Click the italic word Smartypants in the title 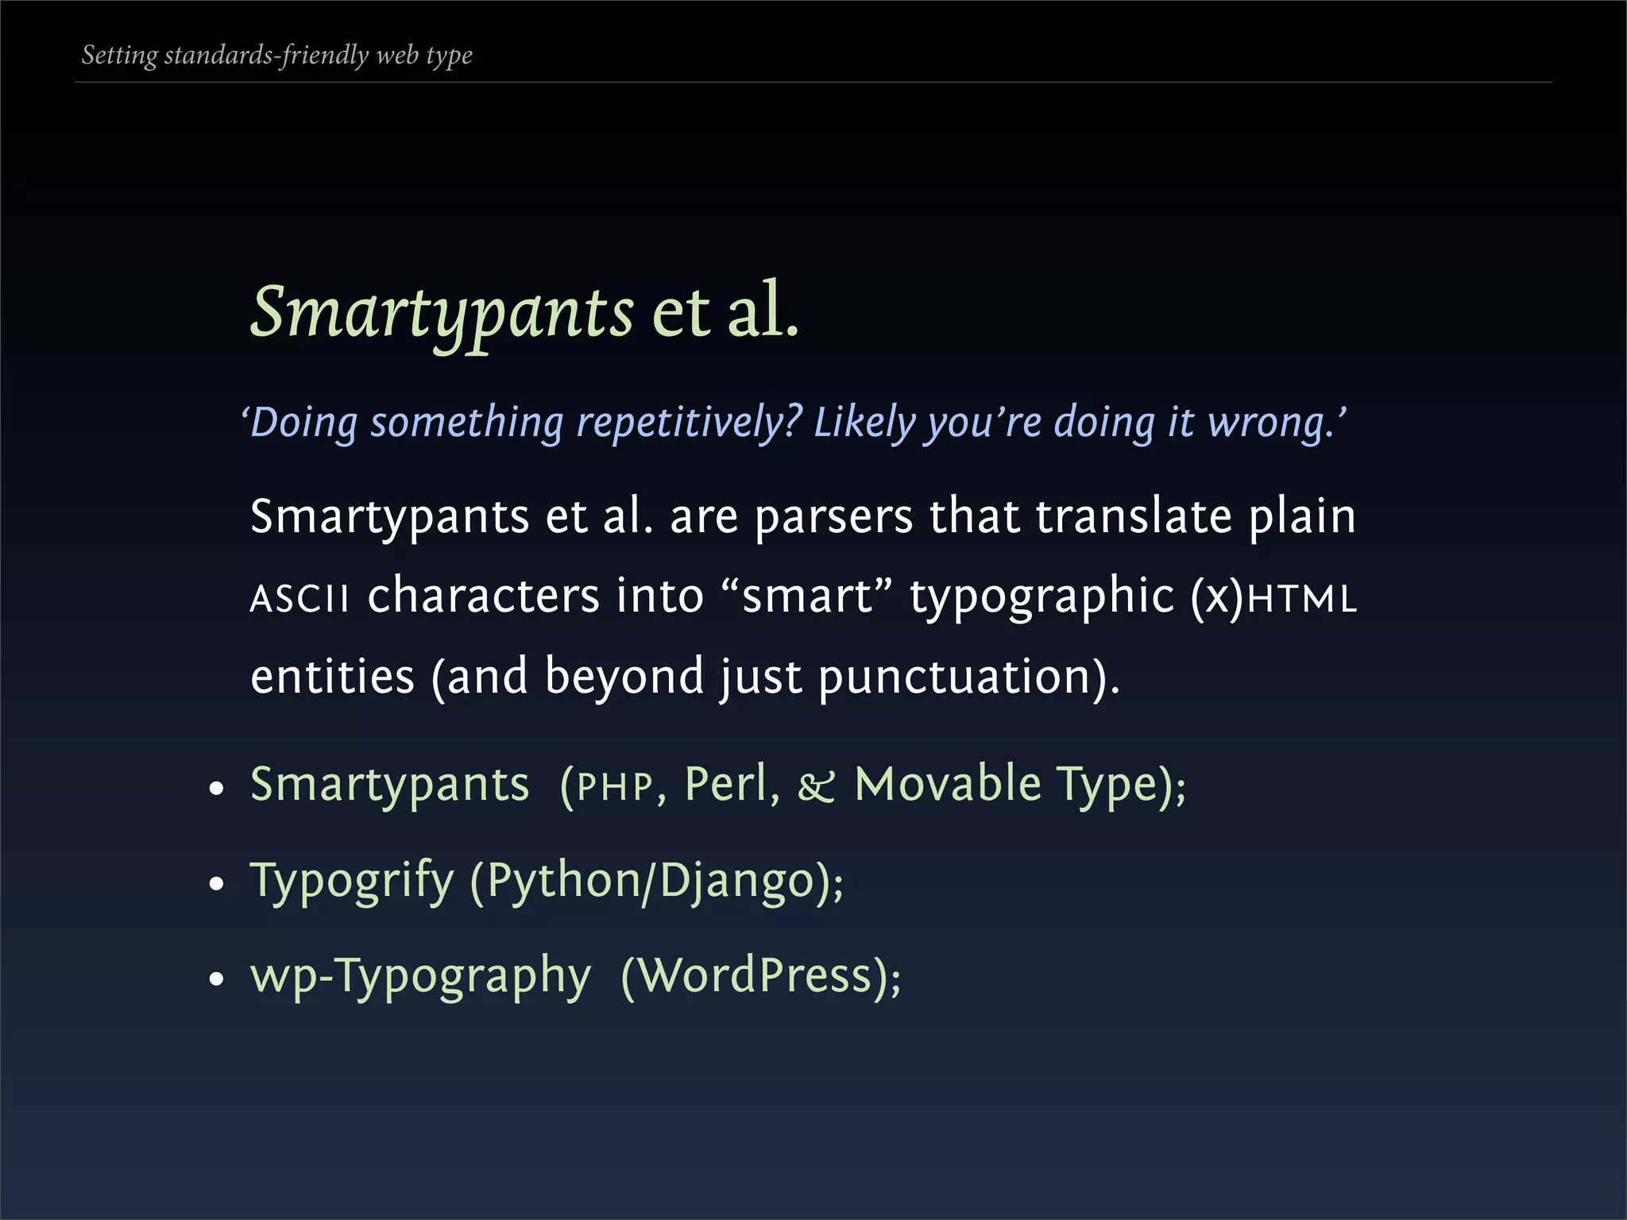(x=442, y=312)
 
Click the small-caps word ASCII (x=300, y=598)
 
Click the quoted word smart (x=807, y=596)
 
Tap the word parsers (x=834, y=517)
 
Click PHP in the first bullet (x=614, y=787)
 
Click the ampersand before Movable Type (x=817, y=787)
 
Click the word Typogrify (x=352, y=881)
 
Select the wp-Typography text (x=420, y=976)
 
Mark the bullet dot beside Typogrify (x=217, y=884)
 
